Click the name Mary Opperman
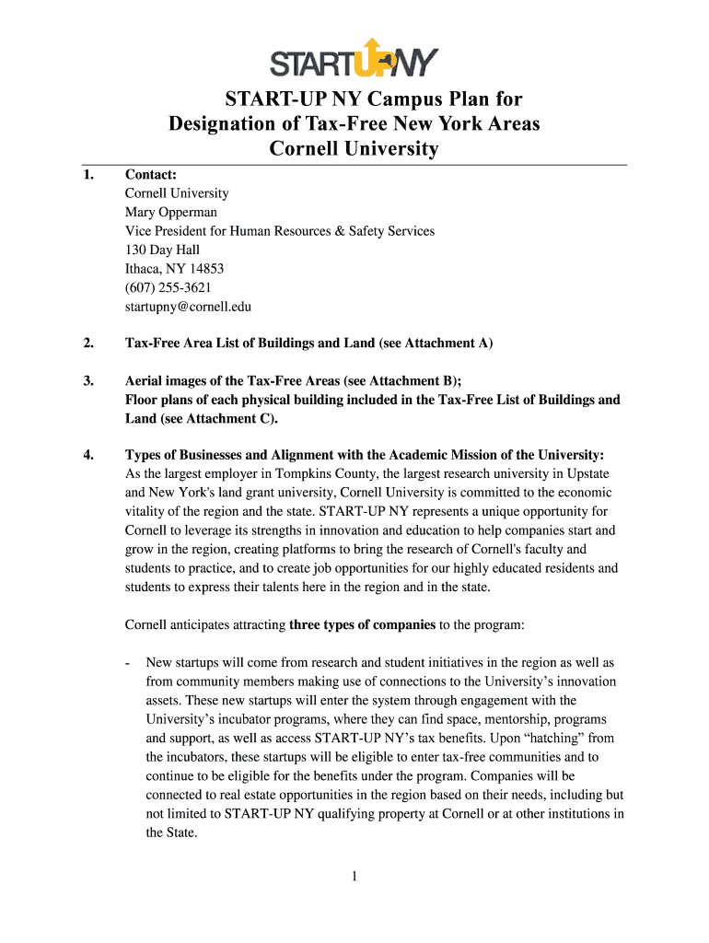[x=170, y=212]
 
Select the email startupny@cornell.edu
[x=188, y=307]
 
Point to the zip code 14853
[x=203, y=269]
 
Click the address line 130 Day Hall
[x=162, y=250]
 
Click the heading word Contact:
[x=151, y=174]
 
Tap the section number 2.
[x=87, y=343]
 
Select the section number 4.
[x=87, y=454]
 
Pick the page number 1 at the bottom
[x=354, y=877]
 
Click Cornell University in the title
[x=354, y=148]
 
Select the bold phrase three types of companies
[x=363, y=624]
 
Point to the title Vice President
[x=167, y=231]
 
